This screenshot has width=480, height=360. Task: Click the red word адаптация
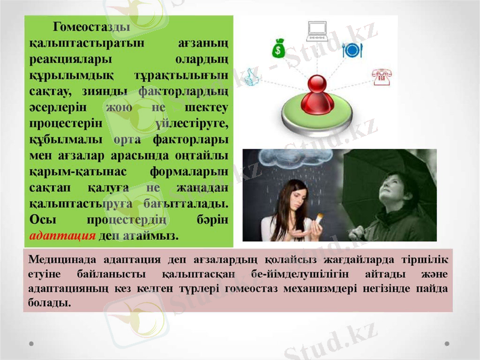coord(62,235)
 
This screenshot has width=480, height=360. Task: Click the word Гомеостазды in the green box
coord(91,26)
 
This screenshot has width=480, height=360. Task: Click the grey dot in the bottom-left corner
coord(32,344)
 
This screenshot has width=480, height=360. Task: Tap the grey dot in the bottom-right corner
coord(447,344)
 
